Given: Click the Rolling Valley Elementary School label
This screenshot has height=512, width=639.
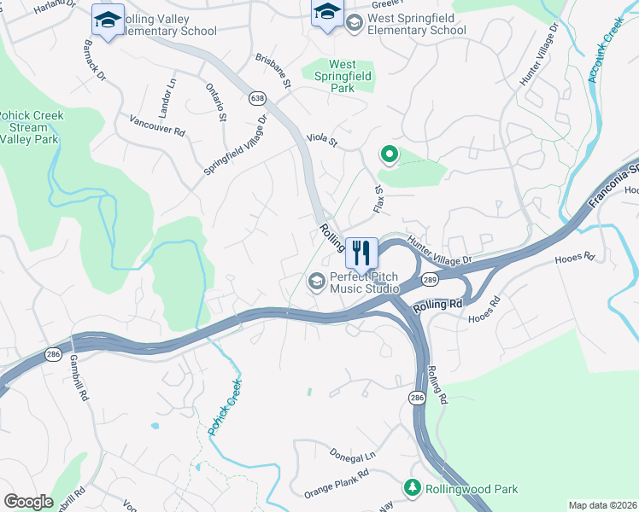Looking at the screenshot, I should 167,25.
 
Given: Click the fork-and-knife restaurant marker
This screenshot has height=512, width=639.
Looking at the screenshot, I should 362,253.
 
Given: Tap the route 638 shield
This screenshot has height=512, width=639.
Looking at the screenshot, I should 257,99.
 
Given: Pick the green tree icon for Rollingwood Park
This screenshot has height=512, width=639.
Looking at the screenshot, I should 413,486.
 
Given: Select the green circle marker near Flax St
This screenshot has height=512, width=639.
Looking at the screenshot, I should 389,154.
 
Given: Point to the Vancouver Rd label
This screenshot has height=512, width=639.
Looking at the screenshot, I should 157,126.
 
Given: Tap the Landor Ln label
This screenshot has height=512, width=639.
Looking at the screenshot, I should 167,97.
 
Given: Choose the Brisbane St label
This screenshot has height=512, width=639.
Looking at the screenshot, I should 273,72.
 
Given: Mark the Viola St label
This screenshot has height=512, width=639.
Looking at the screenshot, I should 322,139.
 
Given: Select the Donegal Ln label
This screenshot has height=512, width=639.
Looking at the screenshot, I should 353,457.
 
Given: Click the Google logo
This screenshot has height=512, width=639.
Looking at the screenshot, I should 28,502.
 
